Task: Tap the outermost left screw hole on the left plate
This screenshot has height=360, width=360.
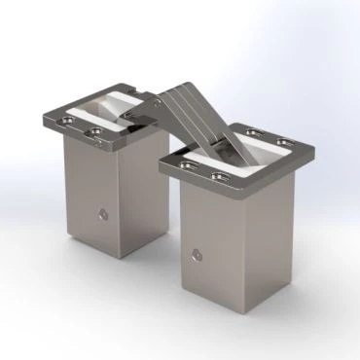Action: tap(65, 120)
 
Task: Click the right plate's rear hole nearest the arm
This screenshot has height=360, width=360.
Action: tap(253, 133)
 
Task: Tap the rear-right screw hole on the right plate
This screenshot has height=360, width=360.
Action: tap(283, 142)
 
